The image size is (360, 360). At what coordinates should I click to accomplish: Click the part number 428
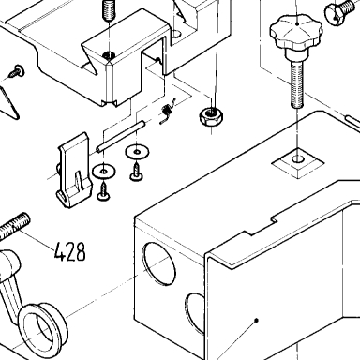coord(69,251)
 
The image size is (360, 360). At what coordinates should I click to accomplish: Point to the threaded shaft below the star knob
coord(297,83)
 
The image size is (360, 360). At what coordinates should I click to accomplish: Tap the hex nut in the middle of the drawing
coord(211,116)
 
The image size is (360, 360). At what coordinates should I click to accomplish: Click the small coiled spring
coord(167,112)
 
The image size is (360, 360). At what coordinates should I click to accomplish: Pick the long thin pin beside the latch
coord(121,137)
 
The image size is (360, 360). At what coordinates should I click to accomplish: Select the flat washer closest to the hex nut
coord(137,152)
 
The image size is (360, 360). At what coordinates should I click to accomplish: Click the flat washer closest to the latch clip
coord(104,172)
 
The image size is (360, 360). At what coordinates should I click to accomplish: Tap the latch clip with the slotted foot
coord(74,171)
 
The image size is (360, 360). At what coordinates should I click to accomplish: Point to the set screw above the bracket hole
coord(108,10)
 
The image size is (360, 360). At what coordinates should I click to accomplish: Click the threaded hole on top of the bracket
coord(109,56)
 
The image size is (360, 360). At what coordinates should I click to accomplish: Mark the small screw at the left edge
coord(16,71)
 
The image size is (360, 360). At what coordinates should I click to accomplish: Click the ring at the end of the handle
coord(42,326)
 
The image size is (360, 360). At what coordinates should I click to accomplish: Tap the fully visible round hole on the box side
coord(158,263)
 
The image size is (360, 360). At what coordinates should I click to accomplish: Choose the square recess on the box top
coord(297,163)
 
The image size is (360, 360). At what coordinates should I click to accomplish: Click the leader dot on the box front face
coord(256,320)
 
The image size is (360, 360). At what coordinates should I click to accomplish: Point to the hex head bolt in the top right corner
coord(340,12)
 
